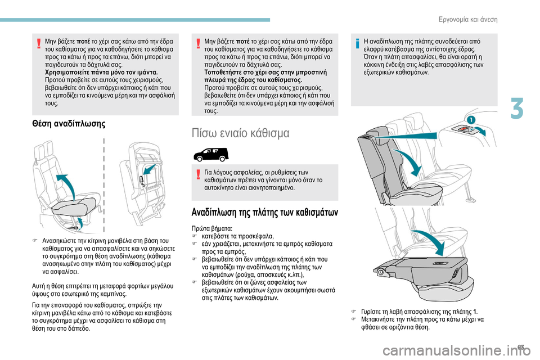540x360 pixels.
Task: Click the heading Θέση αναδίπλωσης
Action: [69, 123]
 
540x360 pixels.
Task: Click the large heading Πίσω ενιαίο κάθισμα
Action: [240, 133]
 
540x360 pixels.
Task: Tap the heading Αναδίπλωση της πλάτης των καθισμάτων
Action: [265, 212]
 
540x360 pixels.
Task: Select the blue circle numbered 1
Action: [471, 120]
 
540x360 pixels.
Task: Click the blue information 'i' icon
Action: [358, 44]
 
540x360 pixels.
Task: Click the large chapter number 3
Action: [517, 109]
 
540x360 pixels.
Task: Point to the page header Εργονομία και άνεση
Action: [468, 19]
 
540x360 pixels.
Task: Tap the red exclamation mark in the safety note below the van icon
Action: [198, 175]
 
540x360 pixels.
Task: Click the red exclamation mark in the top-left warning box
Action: [39, 44]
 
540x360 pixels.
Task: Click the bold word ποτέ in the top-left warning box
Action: [84, 41]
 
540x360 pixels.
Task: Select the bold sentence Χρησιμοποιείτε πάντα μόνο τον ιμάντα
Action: [101, 73]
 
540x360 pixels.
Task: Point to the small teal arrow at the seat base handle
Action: [79, 223]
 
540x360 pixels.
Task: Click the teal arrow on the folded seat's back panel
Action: [149, 169]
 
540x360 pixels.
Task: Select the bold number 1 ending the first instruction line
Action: [475, 312]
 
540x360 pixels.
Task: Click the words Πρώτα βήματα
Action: [212, 228]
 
